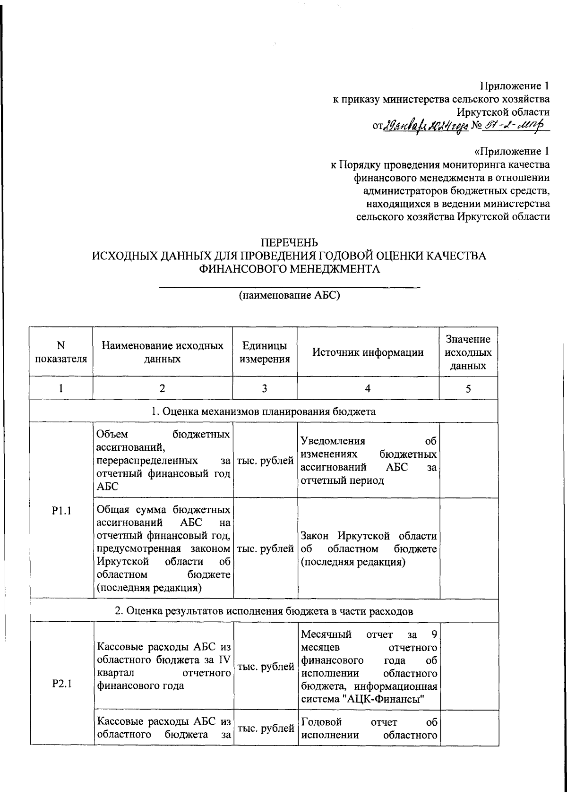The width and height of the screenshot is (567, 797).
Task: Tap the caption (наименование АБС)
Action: pos(289,296)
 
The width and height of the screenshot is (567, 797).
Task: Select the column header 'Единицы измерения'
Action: pos(265,352)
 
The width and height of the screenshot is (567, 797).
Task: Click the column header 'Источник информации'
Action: pos(368,352)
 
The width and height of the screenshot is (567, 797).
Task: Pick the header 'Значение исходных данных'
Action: pos(468,352)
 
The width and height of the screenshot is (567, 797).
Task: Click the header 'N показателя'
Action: pos(61,352)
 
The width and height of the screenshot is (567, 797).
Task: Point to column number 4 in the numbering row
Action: pos(368,388)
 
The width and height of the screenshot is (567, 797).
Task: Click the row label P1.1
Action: pos(61,510)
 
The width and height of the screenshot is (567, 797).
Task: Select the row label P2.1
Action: pos(61,684)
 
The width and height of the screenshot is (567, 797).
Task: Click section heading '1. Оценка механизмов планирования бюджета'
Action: pos(264,411)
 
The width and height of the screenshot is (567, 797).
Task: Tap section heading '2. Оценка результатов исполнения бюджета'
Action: pos(264,611)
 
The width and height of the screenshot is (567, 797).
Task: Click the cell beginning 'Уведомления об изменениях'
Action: pos(368,461)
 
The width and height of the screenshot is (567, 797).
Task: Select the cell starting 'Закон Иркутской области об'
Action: pos(368,549)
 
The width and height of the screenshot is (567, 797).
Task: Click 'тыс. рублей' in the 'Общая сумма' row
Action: pos(265,549)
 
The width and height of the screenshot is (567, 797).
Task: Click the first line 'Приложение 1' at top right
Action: pos(515,86)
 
